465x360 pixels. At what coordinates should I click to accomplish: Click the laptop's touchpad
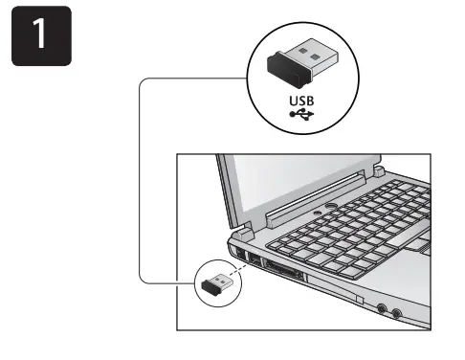(x=421, y=252)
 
